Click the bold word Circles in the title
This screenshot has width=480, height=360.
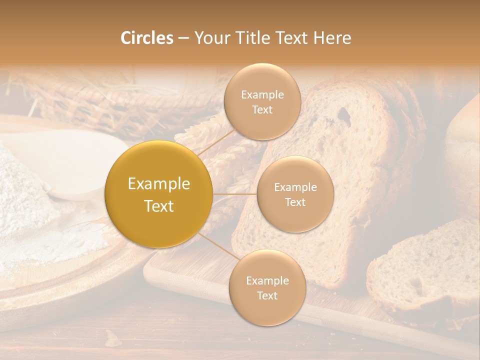[x=147, y=38]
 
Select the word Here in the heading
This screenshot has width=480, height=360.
[x=332, y=38]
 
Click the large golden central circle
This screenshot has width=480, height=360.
[x=159, y=194]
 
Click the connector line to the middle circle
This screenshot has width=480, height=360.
[x=235, y=194]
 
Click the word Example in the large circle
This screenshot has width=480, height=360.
[x=159, y=184]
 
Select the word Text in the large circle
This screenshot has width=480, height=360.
[x=159, y=206]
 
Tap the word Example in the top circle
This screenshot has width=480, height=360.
[x=262, y=95]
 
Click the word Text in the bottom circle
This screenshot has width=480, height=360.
[x=267, y=295]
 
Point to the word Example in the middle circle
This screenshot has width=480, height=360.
[x=295, y=187]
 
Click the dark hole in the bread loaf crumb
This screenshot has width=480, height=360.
[x=343, y=115]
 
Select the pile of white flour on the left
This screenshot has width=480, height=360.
[x=30, y=200]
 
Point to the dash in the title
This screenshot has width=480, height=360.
[x=183, y=38]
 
